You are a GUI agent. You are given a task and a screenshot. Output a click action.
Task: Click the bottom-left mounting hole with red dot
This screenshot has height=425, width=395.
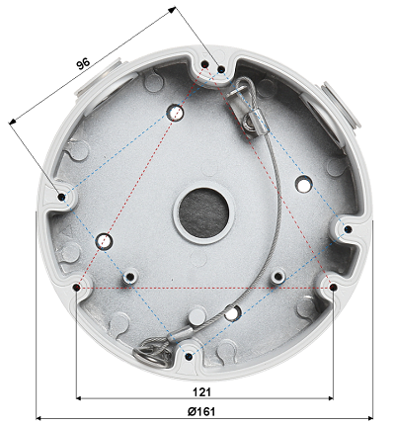tap(79, 287)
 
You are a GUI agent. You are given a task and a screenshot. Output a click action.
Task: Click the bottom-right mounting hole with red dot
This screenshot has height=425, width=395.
tap(333, 287)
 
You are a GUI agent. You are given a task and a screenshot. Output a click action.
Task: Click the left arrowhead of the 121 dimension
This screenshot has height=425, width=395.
tap(81, 397)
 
